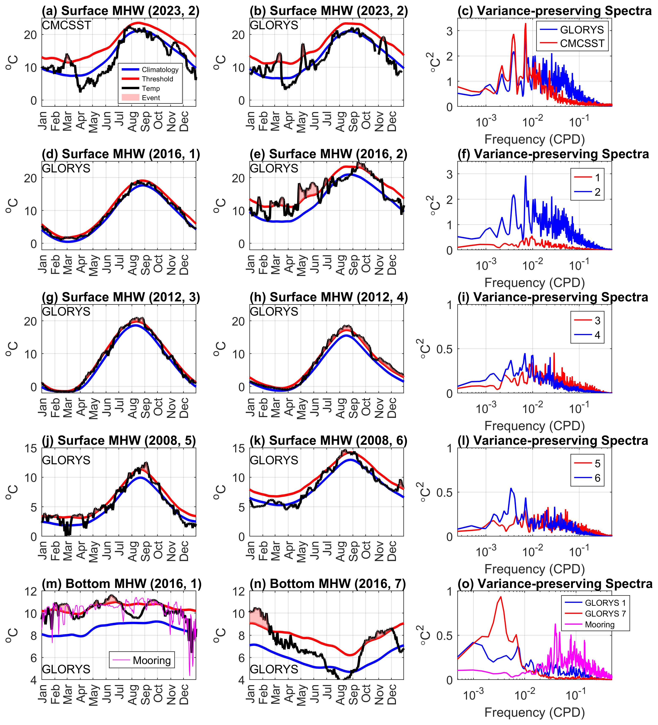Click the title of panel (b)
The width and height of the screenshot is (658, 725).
point(329,11)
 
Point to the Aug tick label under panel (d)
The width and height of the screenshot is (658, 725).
point(133,265)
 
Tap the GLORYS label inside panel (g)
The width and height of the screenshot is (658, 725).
point(66,311)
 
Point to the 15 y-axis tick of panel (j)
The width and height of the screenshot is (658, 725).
point(30,448)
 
